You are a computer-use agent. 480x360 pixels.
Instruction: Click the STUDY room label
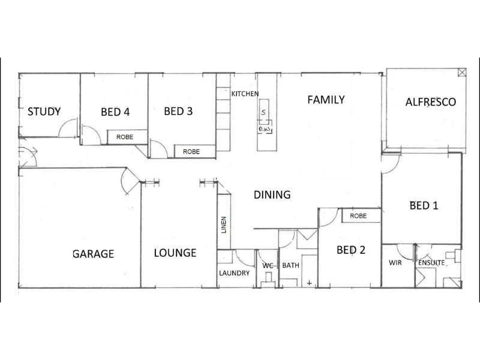pos(44,112)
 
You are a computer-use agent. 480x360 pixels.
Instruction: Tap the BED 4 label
pos(115,112)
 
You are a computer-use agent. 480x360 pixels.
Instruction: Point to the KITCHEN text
pos(245,94)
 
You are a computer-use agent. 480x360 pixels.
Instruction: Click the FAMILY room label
pos(326,100)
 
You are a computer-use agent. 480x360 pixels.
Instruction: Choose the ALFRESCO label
pos(431,101)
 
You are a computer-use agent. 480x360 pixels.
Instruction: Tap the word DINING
pos(272,194)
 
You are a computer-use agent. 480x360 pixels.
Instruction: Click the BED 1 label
pos(424,206)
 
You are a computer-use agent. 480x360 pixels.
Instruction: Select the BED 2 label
pos(351,250)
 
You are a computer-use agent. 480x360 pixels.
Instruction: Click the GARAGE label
pos(93,253)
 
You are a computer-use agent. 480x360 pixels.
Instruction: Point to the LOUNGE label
pos(175,253)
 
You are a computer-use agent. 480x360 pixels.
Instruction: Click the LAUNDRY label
pos(235,273)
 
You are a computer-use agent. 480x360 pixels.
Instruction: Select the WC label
pos(268,265)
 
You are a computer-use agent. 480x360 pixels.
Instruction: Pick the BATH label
pos(290,265)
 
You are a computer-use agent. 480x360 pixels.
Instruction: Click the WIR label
pos(395,262)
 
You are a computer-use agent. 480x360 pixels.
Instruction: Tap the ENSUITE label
pos(431,262)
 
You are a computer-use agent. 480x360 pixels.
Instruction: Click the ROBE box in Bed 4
pos(125,137)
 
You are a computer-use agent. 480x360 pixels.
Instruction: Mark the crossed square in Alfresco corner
pos(461,73)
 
